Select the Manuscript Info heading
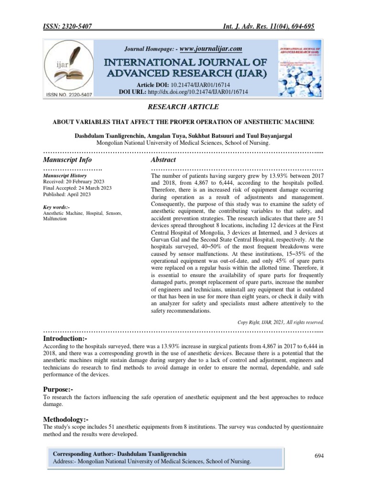[67, 159]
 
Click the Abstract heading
[163, 159]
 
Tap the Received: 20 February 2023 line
[74, 182]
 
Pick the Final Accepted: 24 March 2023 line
[77, 188]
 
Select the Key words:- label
[56, 207]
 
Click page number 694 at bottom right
[319, 456]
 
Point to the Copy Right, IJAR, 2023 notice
[281, 322]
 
